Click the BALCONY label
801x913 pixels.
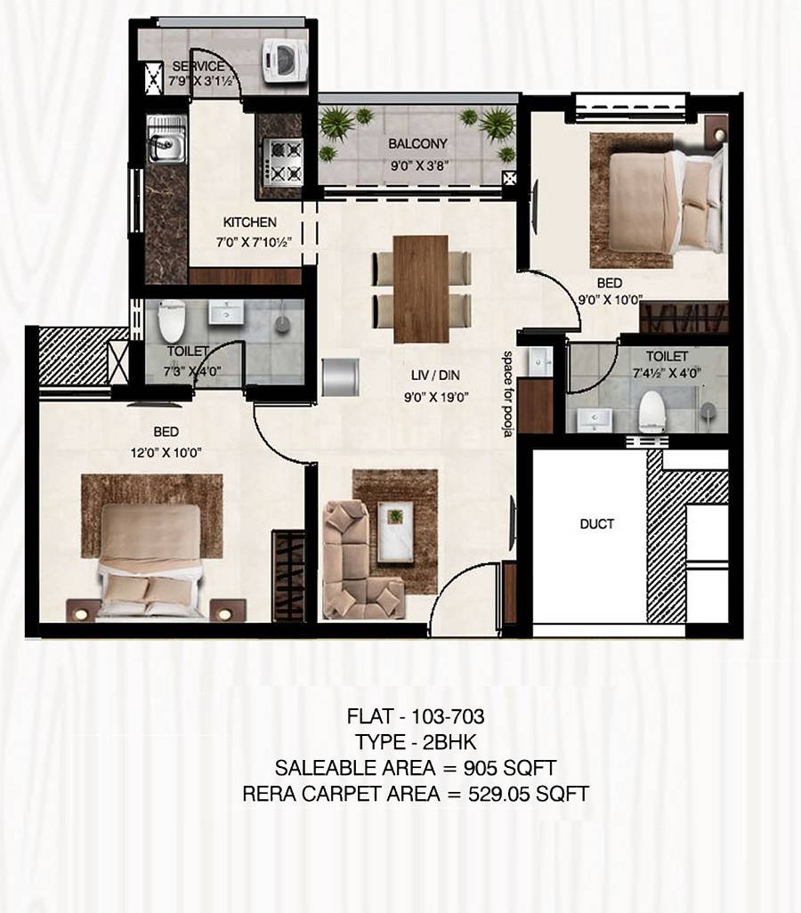coord(417,143)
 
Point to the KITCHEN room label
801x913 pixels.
coord(249,222)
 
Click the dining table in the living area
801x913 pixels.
coord(421,288)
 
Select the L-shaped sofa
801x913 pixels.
coord(356,561)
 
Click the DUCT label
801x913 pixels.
coord(596,524)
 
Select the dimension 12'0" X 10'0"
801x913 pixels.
coord(166,453)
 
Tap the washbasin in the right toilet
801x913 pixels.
coord(594,417)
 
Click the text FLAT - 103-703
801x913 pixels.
coord(416,715)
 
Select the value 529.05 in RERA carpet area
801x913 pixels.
coord(500,794)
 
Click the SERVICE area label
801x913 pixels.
coord(198,67)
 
